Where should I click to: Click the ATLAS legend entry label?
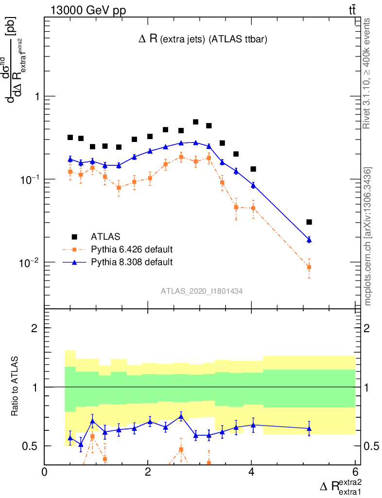(x=105, y=237)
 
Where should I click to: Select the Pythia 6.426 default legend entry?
(x=132, y=249)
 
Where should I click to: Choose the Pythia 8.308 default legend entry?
(x=132, y=262)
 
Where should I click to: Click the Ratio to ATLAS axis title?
(x=16, y=386)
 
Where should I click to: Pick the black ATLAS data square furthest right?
(x=309, y=222)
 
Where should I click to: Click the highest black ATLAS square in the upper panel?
(x=196, y=122)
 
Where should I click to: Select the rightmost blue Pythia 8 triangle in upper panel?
(x=309, y=239)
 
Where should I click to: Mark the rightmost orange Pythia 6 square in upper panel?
(x=309, y=267)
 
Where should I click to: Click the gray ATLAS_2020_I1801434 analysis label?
(x=202, y=291)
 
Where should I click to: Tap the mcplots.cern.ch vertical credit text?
(x=368, y=236)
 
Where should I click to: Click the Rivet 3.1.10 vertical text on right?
(x=368, y=73)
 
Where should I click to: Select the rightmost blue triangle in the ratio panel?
(x=309, y=428)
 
